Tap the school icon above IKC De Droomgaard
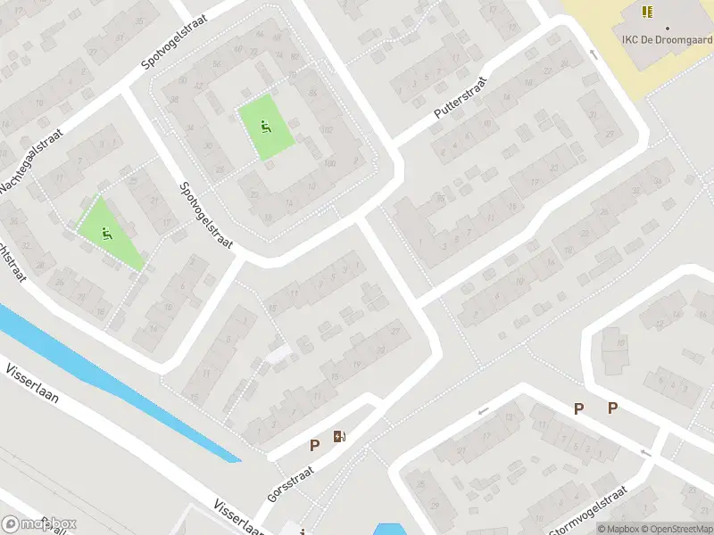pyautogui.click(x=647, y=12)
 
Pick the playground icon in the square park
pyautogui.click(x=265, y=128)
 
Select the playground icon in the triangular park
pyautogui.click(x=108, y=235)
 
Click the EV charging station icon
pyautogui.click(x=339, y=437)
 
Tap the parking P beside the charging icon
pyautogui.click(x=314, y=445)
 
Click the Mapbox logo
pyautogui.click(x=38, y=524)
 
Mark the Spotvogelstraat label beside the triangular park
pyautogui.click(x=207, y=216)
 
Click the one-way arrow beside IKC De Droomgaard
pyautogui.click(x=593, y=53)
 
